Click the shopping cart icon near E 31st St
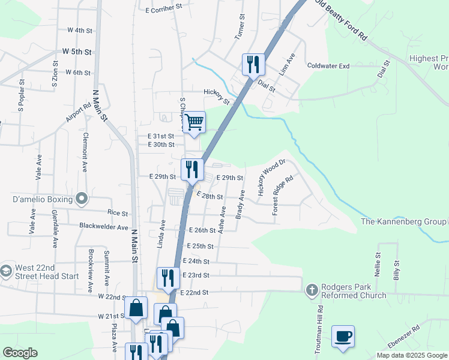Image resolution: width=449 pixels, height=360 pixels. tap(194, 122)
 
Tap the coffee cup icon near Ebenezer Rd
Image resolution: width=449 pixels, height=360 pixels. tap(343, 337)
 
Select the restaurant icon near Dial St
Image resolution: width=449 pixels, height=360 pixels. tap(253, 64)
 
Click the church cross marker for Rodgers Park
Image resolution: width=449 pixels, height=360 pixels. tap(312, 291)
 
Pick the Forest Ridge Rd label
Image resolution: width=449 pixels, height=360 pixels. tap(283, 195)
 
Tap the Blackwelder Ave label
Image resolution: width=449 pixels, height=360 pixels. tap(104, 227)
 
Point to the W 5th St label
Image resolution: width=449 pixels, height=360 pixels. tap(76, 52)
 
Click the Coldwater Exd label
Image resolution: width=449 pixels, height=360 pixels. tap(328, 66)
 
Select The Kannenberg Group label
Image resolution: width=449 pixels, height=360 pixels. tap(403, 222)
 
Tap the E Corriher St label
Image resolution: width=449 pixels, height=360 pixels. tap(163, 10)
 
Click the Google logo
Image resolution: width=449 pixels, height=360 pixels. tap(19, 353)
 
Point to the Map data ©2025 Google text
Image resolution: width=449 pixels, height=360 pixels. tap(411, 355)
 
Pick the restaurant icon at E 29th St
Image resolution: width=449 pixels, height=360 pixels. tap(191, 169)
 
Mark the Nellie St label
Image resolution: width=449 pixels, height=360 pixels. tap(379, 263)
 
